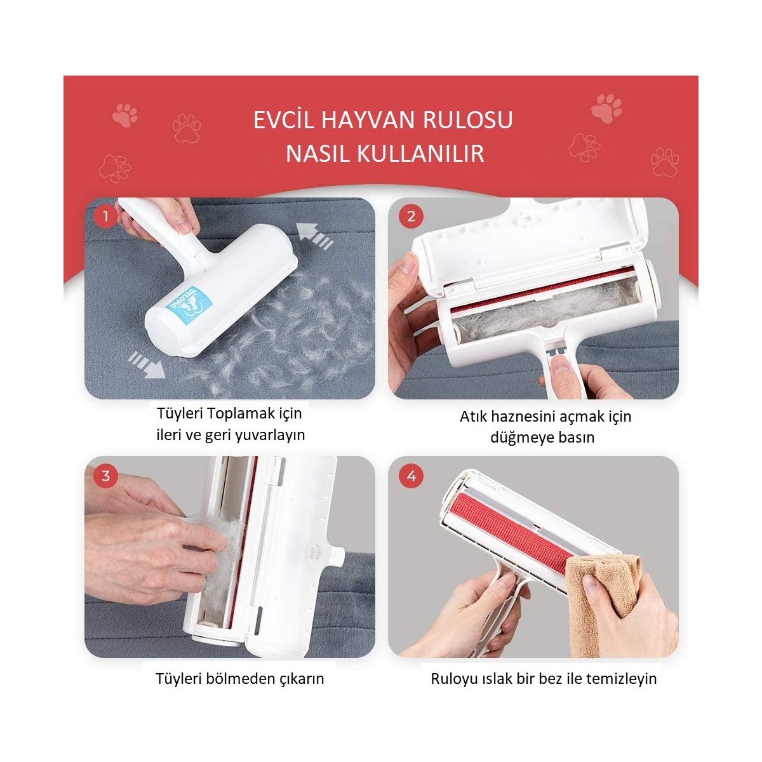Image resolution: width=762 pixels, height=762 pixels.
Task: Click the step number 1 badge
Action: tap(105, 217)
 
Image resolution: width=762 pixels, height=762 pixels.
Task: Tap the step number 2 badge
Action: tap(411, 217)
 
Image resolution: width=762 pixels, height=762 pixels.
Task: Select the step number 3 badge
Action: tap(105, 476)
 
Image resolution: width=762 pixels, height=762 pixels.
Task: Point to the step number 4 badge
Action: tap(411, 476)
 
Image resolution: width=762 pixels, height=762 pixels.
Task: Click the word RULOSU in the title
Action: tap(468, 120)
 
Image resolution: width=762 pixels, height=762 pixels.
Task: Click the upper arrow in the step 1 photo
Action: tap(315, 236)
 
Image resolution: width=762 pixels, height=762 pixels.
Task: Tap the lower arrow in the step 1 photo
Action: tap(147, 364)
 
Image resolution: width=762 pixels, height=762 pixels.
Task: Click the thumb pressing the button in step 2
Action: tap(559, 363)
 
